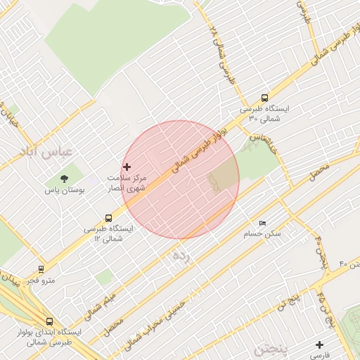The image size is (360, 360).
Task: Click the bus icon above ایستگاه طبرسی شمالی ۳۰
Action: (x=264, y=98)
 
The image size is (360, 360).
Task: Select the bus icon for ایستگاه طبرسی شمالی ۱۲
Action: (x=108, y=218)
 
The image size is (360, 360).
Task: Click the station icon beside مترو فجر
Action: (x=41, y=269)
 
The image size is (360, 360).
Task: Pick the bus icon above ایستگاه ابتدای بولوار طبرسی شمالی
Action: (x=49, y=321)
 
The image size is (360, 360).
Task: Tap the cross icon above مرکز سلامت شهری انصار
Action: (x=127, y=167)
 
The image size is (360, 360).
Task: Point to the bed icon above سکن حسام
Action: (x=262, y=223)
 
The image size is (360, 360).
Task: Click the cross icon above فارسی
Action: (x=320, y=345)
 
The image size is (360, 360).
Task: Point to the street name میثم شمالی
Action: (x=103, y=299)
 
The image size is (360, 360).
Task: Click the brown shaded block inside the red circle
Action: (x=224, y=173)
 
